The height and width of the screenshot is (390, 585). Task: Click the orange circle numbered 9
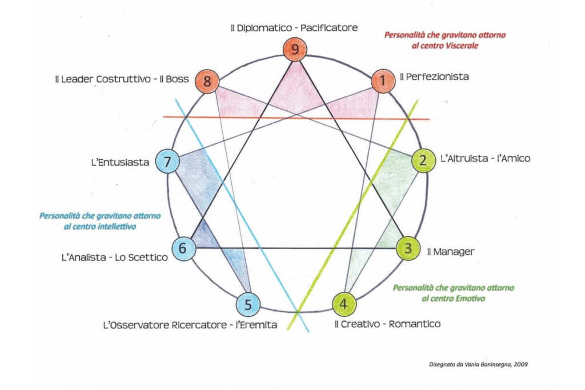coord(295,50)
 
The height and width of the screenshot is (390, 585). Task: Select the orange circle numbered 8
coord(207,82)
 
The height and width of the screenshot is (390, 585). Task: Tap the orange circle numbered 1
coord(383,81)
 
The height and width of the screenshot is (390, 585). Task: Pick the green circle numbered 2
coord(422,160)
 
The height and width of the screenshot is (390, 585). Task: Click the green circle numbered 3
coord(408,249)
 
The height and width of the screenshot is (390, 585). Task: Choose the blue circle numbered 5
coord(248,304)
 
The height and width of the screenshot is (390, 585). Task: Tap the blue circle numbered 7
coord(167,162)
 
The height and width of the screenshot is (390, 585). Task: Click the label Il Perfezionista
coord(434,77)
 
